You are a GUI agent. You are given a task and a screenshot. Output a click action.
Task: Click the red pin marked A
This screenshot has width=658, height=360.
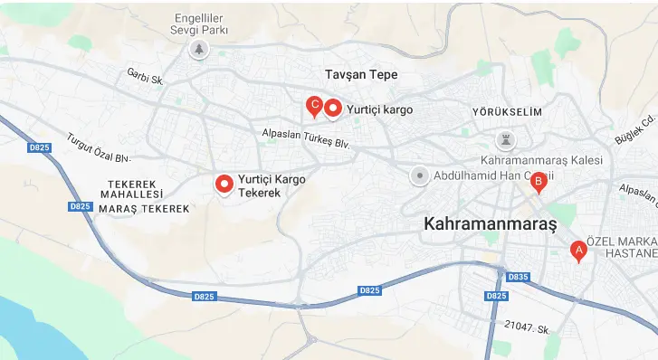[x=577, y=251]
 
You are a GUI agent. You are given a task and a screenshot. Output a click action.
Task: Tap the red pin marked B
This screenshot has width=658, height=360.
[x=538, y=182]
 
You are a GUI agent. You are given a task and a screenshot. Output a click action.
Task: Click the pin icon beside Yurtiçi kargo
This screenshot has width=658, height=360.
[x=333, y=109]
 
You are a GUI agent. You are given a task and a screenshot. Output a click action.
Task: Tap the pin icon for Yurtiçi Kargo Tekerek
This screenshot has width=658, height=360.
[x=224, y=184]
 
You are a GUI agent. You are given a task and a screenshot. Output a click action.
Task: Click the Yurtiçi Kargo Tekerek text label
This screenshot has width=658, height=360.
[x=272, y=186]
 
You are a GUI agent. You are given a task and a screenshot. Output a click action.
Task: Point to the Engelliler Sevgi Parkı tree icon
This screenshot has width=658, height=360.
[x=197, y=49]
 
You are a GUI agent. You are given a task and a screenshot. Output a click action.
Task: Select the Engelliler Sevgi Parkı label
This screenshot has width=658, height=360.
[x=196, y=23]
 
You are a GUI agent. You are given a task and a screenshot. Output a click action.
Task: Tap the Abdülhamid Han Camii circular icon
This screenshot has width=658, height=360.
[x=419, y=176]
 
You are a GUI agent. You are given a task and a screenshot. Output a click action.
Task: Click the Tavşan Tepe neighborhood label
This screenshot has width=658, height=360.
[x=361, y=74]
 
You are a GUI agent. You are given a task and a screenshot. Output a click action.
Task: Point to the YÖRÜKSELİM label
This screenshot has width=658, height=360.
[x=506, y=111]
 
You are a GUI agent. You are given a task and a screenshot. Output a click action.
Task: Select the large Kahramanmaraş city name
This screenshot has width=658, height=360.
[x=490, y=223]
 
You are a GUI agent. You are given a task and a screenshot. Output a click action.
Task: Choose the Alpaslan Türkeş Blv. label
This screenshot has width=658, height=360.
[x=305, y=137]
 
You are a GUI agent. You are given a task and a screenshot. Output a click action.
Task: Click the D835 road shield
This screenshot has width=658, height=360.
[x=518, y=277]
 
